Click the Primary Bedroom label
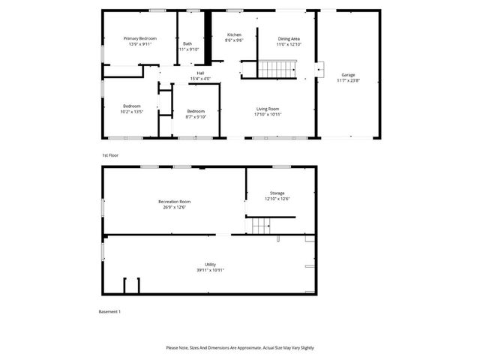(x=140, y=38)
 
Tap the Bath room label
(x=187, y=43)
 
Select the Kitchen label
(x=233, y=35)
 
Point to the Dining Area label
(x=289, y=38)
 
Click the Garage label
(x=348, y=75)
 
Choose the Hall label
(x=200, y=73)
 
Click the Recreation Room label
(x=174, y=202)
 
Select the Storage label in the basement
(x=277, y=193)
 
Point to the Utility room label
(x=210, y=265)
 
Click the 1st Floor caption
(x=110, y=155)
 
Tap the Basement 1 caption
(x=109, y=311)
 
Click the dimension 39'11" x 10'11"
(x=210, y=270)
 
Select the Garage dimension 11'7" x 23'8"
(x=348, y=81)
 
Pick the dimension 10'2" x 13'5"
(x=131, y=112)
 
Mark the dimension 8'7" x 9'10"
(x=196, y=117)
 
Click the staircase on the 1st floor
(x=278, y=70)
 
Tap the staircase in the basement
(x=260, y=225)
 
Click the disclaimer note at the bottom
(x=240, y=348)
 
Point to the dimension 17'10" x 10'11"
(x=268, y=115)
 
